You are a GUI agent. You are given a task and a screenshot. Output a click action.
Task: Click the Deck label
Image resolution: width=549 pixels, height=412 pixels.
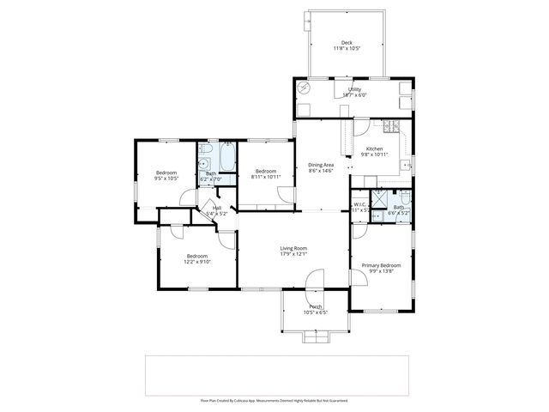[x=347, y=43]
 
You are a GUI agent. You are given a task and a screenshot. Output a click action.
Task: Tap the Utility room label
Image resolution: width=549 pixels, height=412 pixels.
[x=353, y=89]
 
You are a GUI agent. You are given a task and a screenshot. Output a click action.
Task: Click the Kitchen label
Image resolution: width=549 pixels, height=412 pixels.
[x=374, y=148]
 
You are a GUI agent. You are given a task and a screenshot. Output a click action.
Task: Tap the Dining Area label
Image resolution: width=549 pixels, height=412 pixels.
[x=321, y=165]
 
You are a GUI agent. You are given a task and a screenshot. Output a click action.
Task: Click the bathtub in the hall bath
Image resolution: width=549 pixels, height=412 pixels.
[x=229, y=159]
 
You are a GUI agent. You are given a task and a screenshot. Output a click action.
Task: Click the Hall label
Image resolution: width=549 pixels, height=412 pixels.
[x=217, y=207]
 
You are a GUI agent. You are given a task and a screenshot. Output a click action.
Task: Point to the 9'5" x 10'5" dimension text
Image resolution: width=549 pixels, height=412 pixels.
[x=166, y=179]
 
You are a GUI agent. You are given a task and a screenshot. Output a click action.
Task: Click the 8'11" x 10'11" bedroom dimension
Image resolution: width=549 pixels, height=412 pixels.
[x=265, y=177]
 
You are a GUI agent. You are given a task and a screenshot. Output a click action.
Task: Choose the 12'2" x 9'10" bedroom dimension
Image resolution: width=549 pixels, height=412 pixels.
[x=197, y=262]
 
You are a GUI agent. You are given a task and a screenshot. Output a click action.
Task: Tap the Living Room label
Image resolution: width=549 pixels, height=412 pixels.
[x=293, y=248]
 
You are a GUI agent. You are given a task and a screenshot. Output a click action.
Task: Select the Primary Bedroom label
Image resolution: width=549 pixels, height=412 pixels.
[x=380, y=265]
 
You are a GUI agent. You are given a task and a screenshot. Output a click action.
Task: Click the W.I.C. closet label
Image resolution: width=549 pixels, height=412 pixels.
[x=360, y=204]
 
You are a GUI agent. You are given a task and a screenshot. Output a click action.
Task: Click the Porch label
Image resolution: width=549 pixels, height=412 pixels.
[x=316, y=306]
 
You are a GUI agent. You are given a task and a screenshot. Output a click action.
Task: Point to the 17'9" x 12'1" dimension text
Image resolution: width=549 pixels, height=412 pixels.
[x=293, y=254]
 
